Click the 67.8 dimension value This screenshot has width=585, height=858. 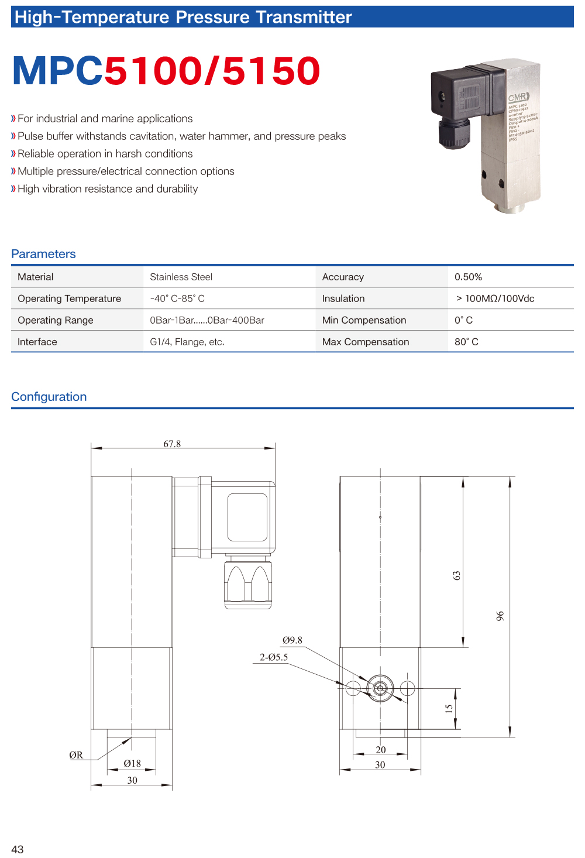(x=172, y=444)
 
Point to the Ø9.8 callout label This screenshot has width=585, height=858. (x=292, y=640)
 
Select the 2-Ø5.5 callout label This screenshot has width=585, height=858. (x=274, y=657)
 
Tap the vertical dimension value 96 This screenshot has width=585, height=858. (x=500, y=616)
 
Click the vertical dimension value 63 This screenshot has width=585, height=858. (x=457, y=575)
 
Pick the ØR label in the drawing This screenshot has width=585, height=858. (x=76, y=755)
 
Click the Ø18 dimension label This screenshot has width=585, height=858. (x=132, y=763)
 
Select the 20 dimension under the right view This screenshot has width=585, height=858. (x=381, y=750)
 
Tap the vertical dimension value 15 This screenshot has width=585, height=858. (x=449, y=708)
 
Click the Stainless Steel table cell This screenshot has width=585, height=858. (x=181, y=277)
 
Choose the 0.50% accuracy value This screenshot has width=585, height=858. (x=468, y=277)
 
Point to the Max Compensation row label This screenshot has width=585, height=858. (x=366, y=342)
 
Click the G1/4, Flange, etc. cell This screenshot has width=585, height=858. (x=187, y=342)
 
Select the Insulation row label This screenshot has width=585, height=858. (x=343, y=298)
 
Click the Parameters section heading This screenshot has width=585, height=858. (x=43, y=254)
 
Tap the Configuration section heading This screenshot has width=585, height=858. (x=49, y=397)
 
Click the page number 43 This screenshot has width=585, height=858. (x=18, y=849)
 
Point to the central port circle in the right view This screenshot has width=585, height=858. (x=380, y=688)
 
